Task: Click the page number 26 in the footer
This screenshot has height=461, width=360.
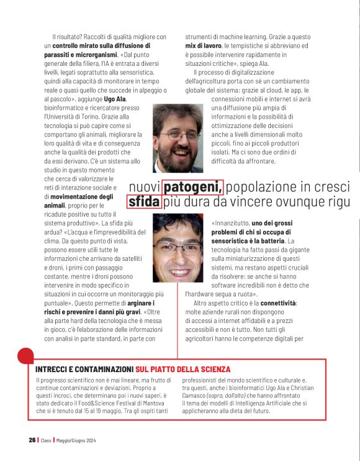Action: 32,440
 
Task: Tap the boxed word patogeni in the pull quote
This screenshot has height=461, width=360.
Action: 193,186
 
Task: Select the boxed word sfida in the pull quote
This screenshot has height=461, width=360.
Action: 144,202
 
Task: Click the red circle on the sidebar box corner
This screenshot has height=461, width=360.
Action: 25,356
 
